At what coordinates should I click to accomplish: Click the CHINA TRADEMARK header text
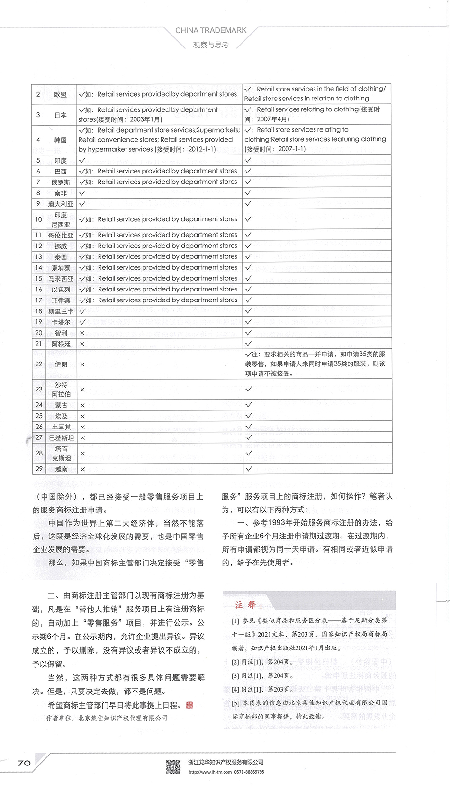[x=211, y=30]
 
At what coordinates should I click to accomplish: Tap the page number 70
[x=24, y=763]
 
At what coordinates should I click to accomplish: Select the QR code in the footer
[x=173, y=766]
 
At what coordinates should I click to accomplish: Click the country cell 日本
[x=61, y=115]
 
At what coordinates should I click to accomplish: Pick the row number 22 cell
[x=38, y=364]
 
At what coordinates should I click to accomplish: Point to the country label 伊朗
[x=61, y=364]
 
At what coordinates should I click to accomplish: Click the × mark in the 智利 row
[x=82, y=333]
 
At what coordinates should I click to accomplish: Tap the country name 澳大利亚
[x=61, y=204]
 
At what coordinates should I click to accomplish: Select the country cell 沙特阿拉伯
[x=61, y=389]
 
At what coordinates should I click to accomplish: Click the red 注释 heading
[x=246, y=605]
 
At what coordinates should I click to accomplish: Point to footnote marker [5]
[x=235, y=703]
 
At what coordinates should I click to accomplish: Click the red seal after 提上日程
[x=189, y=704]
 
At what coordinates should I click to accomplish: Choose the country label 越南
[x=61, y=469]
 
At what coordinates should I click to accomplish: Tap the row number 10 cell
[x=38, y=219]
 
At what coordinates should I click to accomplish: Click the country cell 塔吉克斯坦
[x=61, y=453]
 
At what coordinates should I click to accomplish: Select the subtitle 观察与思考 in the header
[x=211, y=45]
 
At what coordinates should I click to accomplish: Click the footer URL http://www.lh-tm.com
[x=210, y=772]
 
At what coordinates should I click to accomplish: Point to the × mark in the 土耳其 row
[x=82, y=427]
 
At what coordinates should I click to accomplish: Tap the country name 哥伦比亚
[x=61, y=235]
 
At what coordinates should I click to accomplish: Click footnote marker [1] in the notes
[x=235, y=620]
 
